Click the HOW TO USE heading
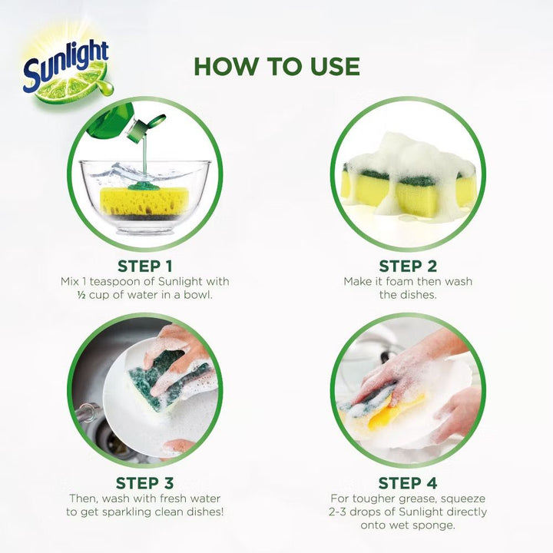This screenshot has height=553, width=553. pos(276,66)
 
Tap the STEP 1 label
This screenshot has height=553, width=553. pos(145,267)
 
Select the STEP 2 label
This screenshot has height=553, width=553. pos(408,267)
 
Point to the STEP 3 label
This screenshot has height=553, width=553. pos(145,483)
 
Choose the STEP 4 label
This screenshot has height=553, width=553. pos(408,483)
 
